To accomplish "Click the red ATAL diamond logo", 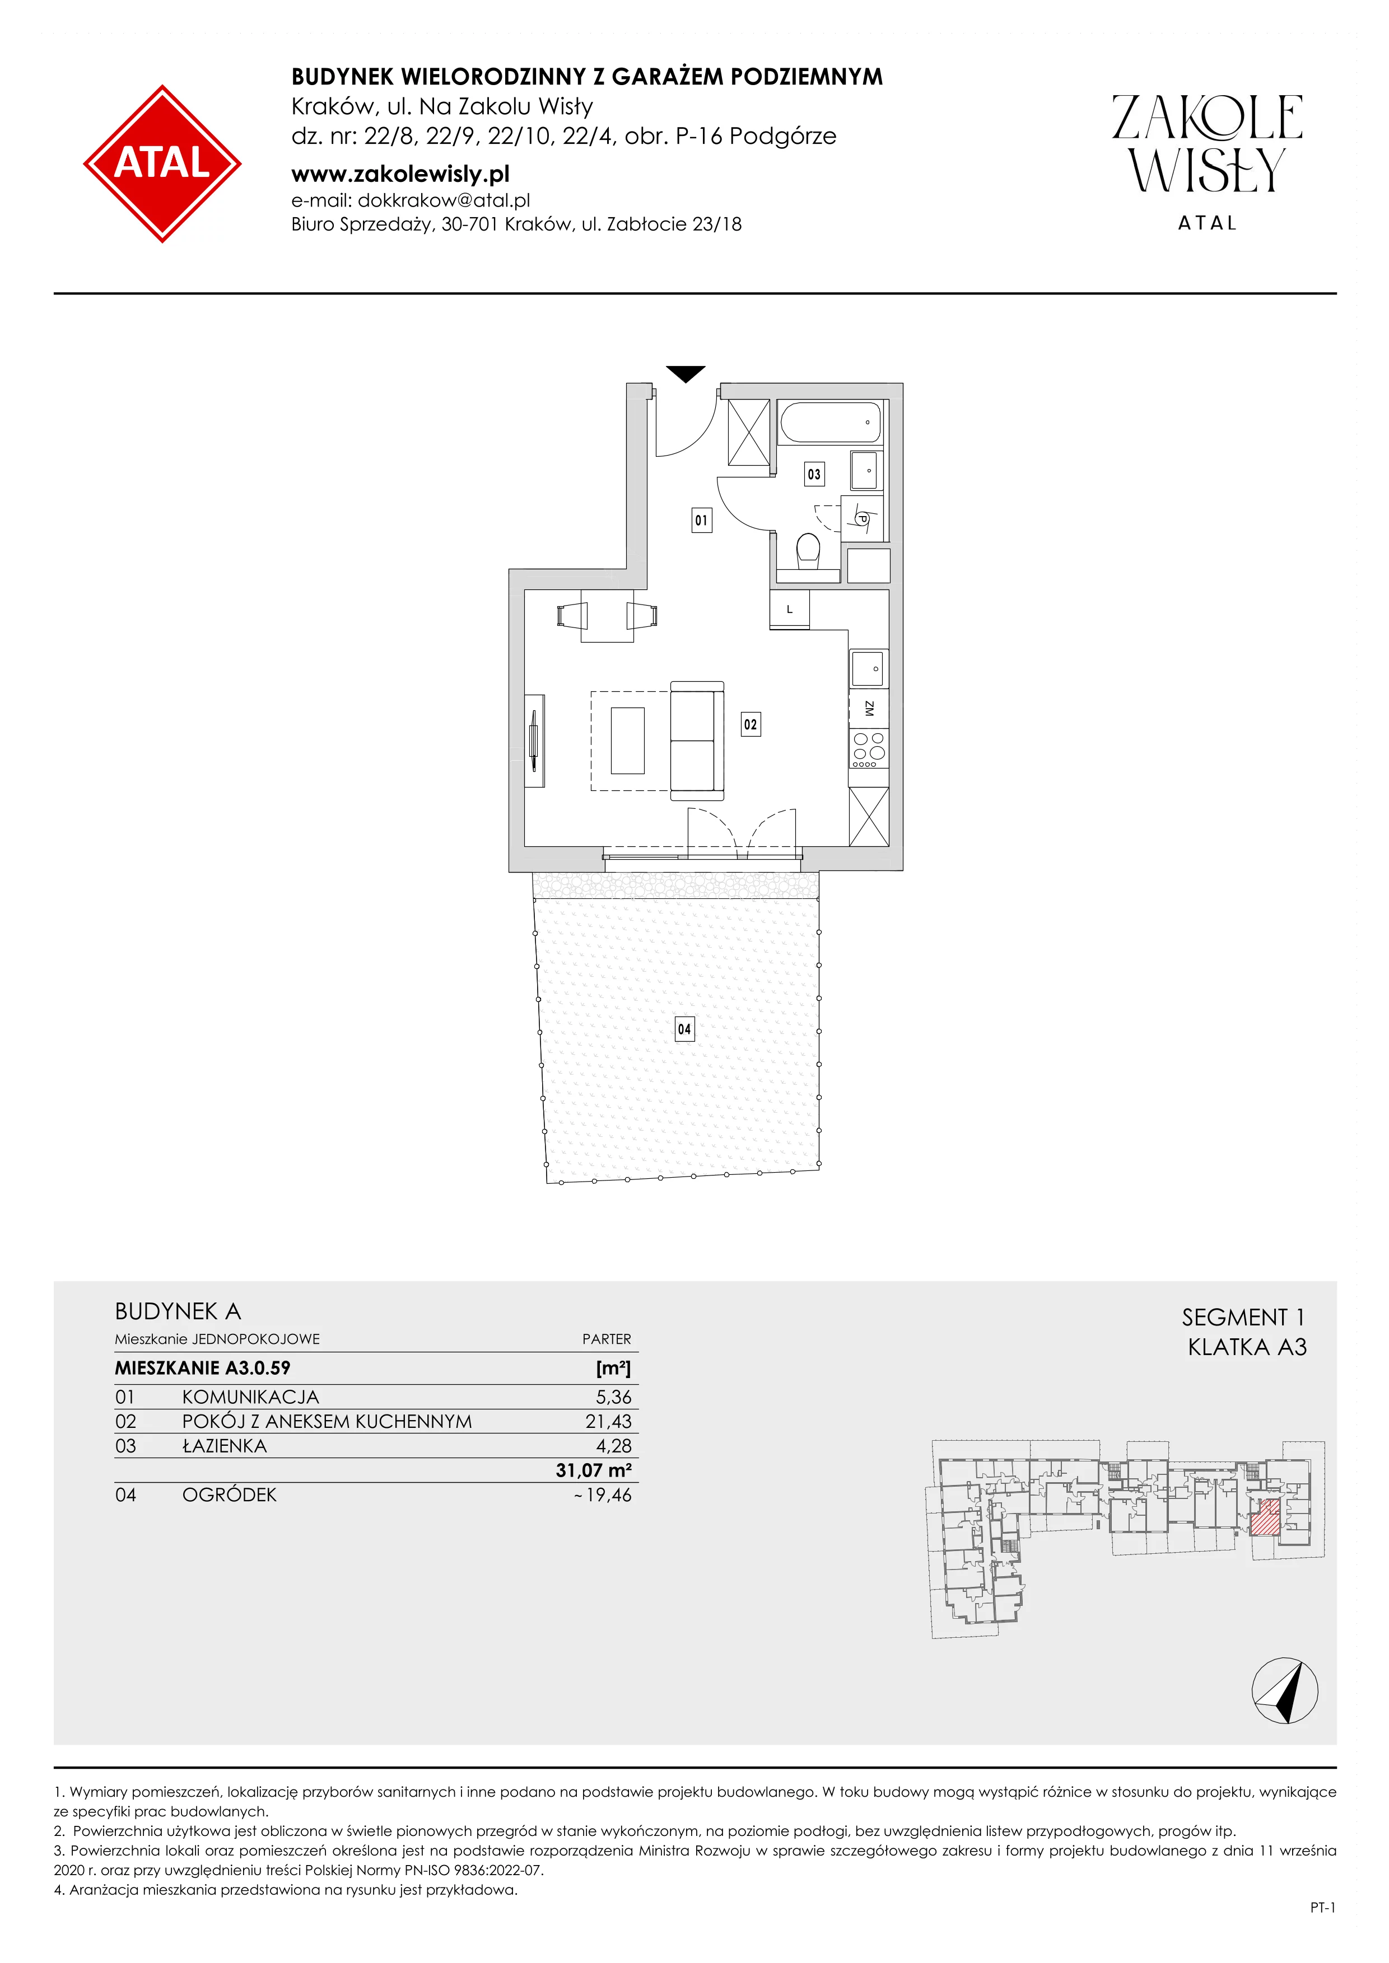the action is point(162,163).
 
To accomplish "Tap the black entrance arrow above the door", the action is point(686,373).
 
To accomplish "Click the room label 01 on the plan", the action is point(701,520).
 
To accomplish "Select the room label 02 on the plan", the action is point(750,724).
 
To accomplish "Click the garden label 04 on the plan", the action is point(684,1029).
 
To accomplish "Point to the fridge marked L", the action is point(790,610).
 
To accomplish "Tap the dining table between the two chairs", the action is point(607,616).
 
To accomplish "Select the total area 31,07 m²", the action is point(594,1470).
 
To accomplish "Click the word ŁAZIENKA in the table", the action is point(224,1446).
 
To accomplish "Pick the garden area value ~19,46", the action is point(603,1494).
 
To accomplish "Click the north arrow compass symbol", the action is point(1285,1690).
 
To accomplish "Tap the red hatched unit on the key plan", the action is point(1266,1517).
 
